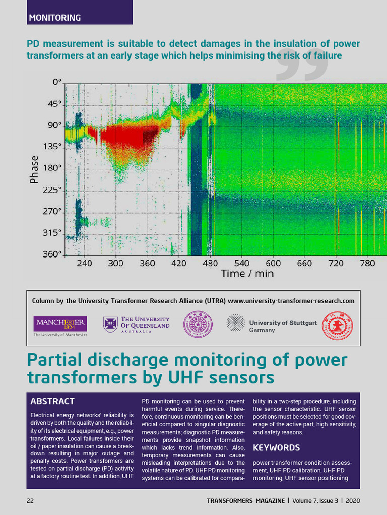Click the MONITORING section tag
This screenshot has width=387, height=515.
[55, 18]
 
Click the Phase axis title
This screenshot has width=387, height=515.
[34, 169]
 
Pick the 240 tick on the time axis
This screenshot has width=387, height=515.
[85, 263]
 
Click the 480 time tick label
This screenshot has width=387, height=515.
[211, 263]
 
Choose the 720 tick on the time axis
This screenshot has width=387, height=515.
[336, 263]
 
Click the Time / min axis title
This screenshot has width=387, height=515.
[247, 274]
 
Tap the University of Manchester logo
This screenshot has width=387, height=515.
[60, 326]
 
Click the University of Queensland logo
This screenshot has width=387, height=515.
[137, 325]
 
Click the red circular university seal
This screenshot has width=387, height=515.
[338, 326]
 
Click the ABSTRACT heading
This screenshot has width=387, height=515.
[52, 402]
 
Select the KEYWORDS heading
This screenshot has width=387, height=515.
[276, 447]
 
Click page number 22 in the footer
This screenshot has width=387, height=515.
[30, 501]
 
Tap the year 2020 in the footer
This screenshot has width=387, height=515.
[353, 501]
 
